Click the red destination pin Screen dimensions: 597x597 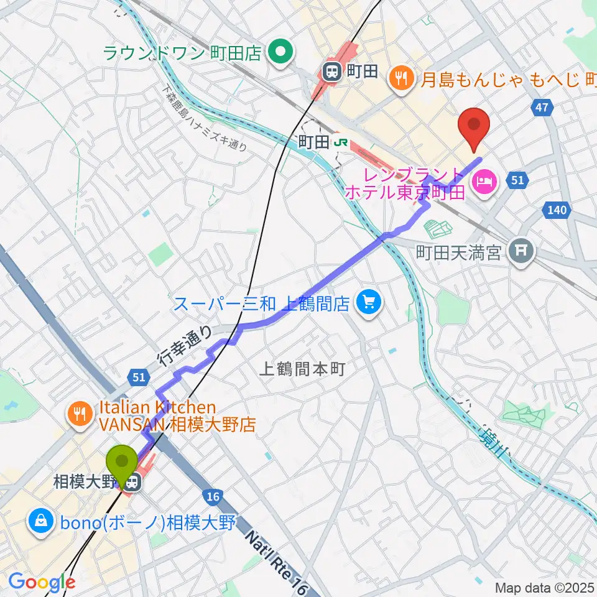coord(474,127)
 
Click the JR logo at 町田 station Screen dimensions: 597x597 coord(340,142)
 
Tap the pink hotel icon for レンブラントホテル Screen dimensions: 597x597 coord(483,182)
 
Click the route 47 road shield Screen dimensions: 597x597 coord(542,108)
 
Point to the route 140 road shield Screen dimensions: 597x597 coord(557,210)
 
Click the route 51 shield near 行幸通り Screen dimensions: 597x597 coord(138,377)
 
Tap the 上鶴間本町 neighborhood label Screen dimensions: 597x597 coord(301,369)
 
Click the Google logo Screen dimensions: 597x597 coord(42,583)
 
